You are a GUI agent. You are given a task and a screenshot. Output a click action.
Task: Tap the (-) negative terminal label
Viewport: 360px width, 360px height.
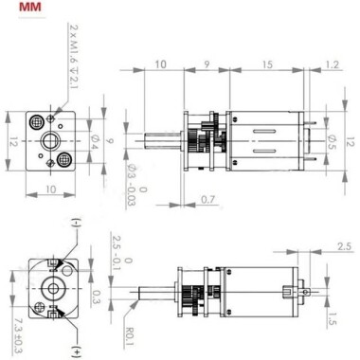(x=76, y=224)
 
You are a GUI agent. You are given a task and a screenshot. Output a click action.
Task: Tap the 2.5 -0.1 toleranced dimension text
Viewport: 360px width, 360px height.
(x=117, y=248)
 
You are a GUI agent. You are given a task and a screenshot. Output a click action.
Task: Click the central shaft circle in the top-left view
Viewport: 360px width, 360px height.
(x=48, y=141)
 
